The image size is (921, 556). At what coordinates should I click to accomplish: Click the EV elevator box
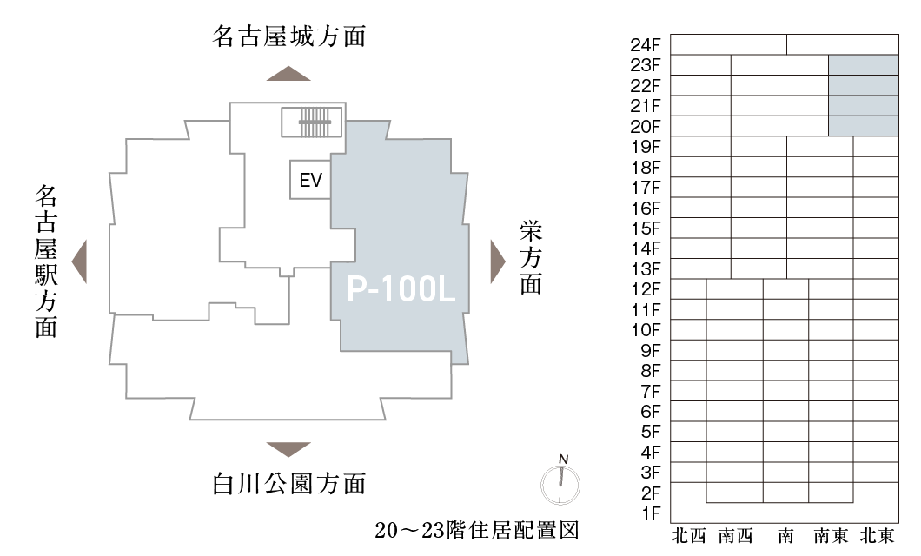(310, 181)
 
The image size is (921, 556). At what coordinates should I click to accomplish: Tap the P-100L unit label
(401, 290)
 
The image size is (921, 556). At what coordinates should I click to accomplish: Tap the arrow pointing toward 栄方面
(497, 261)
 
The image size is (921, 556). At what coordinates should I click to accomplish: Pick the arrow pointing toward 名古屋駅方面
(79, 261)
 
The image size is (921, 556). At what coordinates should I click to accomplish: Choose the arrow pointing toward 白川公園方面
(288, 448)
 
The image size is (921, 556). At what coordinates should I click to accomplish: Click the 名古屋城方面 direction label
(288, 37)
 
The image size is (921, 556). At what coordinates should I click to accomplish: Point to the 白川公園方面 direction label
(288, 483)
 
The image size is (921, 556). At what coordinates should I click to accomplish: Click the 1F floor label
(651, 513)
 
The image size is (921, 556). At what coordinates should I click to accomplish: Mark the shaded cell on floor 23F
(863, 64)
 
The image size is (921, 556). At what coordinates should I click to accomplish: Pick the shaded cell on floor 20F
(863, 126)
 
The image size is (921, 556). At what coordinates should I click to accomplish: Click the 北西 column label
(689, 536)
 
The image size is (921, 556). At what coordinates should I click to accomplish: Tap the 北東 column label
(877, 536)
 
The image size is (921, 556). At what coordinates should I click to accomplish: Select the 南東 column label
(831, 536)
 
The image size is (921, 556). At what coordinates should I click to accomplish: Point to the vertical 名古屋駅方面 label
(46, 261)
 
